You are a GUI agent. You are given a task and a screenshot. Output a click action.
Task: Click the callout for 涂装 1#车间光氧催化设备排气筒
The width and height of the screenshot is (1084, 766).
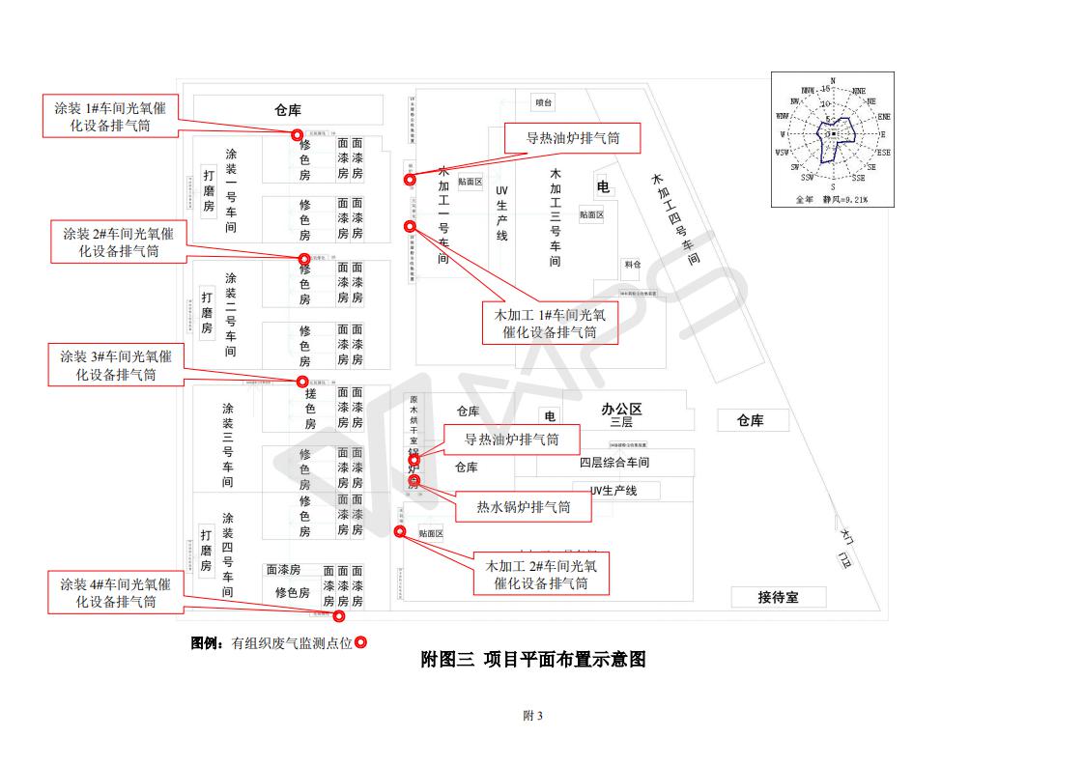coord(109,117)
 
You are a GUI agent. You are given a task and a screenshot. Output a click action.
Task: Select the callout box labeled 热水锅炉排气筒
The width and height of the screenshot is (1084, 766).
coord(523,507)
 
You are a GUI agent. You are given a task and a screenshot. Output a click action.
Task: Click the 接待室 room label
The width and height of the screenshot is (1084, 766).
coord(778,598)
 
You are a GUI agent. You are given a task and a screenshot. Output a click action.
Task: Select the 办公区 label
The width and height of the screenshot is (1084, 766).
coord(621,410)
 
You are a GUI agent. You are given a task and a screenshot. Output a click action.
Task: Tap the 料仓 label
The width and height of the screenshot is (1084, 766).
coord(633,264)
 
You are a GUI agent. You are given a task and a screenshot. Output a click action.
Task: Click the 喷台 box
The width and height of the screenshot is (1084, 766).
coord(543,102)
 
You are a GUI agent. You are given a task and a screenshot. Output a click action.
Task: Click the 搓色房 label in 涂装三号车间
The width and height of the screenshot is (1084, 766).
coord(310,409)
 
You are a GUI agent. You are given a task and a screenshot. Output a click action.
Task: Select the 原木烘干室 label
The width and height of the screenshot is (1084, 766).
coord(414,420)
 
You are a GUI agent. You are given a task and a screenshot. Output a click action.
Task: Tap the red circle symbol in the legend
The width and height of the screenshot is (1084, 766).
coord(360,642)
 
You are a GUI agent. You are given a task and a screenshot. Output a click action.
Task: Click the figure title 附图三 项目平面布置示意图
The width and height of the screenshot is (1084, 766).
coord(533,660)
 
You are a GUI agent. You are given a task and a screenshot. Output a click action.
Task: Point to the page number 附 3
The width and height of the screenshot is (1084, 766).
coord(533,716)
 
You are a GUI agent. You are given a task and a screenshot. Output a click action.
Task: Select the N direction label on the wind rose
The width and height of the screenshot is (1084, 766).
coord(833,81)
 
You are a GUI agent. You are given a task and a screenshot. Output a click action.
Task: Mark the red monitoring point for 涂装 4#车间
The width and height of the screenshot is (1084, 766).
coord(339,615)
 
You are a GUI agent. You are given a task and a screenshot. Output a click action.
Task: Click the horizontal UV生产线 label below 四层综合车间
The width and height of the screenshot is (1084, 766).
coord(613,491)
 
